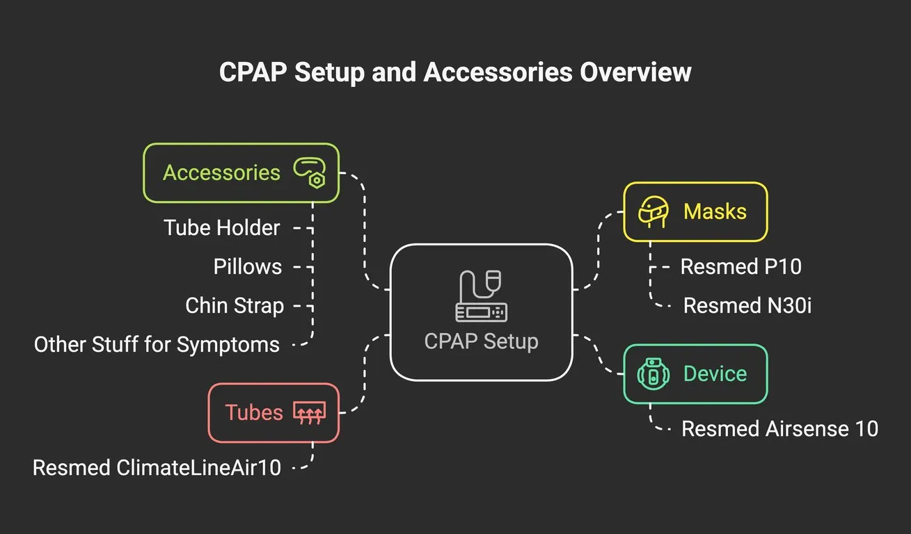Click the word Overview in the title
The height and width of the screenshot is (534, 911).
tap(635, 72)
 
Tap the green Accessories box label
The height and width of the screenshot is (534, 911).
tap(221, 172)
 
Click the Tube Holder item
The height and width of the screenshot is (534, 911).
tap(222, 227)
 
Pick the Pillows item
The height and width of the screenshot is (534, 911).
tap(247, 266)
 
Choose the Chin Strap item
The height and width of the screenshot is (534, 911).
tap(235, 305)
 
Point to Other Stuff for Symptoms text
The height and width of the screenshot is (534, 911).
tap(157, 343)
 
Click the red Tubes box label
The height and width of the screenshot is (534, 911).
tap(254, 412)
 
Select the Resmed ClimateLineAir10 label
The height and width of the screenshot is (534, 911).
tap(157, 467)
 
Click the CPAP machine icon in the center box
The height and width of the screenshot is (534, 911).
tap(481, 296)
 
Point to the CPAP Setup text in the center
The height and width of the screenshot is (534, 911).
tap(481, 341)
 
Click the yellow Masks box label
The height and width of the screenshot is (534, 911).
tap(715, 211)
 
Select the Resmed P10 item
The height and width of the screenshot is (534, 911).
tap(740, 266)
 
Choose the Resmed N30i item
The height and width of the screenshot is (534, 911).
tap(747, 305)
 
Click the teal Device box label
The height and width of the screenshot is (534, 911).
tap(715, 373)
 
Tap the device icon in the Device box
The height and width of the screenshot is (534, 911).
tap(653, 374)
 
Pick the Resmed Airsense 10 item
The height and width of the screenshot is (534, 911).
tap(779, 428)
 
